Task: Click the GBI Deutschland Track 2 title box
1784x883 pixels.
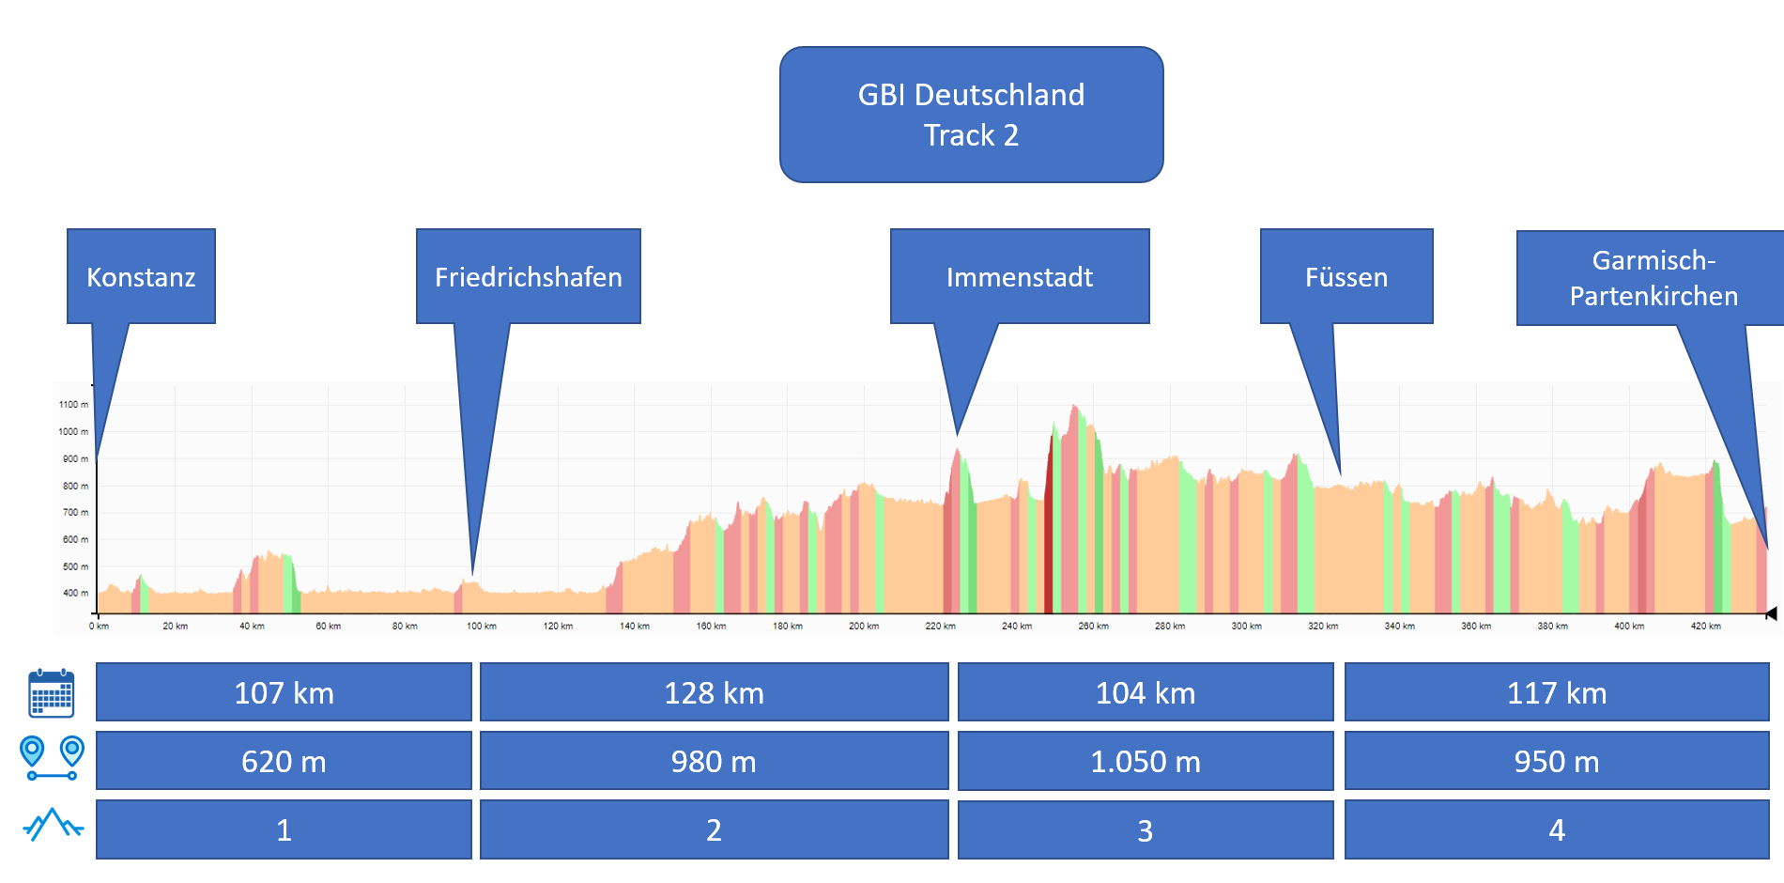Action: [x=971, y=115]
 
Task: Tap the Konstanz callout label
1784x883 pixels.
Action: [x=141, y=277]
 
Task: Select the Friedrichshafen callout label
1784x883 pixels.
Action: [x=528, y=277]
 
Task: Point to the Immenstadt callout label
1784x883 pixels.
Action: [x=1019, y=277]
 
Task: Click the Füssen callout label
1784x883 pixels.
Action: [x=1346, y=277]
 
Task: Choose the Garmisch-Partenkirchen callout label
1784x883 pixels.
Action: [x=1653, y=278]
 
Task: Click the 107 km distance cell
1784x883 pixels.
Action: [x=284, y=692]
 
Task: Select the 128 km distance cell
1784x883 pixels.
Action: [x=714, y=692]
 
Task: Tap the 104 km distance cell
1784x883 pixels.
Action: [x=1145, y=692]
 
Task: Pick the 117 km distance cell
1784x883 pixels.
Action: [x=1556, y=692]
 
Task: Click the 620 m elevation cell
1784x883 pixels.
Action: [x=284, y=761]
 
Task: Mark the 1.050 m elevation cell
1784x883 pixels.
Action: [x=1145, y=761]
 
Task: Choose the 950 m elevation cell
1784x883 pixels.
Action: [x=1556, y=761]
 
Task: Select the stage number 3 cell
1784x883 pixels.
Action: [x=1145, y=830]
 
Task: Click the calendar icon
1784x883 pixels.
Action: [x=52, y=693]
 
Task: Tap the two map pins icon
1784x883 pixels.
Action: [x=52, y=758]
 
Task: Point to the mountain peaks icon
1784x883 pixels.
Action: [x=53, y=825]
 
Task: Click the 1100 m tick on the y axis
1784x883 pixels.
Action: [x=74, y=405]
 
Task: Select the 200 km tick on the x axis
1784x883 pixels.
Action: [x=864, y=626]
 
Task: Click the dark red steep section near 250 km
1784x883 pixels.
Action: [x=1049, y=535]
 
